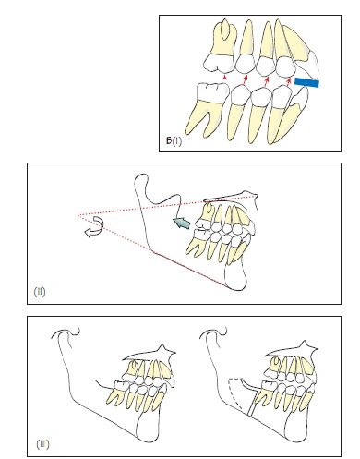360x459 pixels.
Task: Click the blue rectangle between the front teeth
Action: point(306,82)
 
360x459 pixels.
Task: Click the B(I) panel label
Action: point(174,141)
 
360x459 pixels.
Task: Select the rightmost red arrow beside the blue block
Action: point(288,81)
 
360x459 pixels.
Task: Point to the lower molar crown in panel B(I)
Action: point(212,92)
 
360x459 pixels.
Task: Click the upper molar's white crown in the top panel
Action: point(220,64)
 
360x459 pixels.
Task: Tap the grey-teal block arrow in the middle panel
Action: point(181,223)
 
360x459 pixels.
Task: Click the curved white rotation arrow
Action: point(95,227)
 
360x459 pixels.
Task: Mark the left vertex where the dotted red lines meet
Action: point(78,215)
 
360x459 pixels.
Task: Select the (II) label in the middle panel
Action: point(40,291)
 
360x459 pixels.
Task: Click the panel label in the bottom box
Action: point(42,444)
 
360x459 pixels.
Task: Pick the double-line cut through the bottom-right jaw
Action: point(252,403)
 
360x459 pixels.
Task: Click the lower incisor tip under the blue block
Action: point(304,90)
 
